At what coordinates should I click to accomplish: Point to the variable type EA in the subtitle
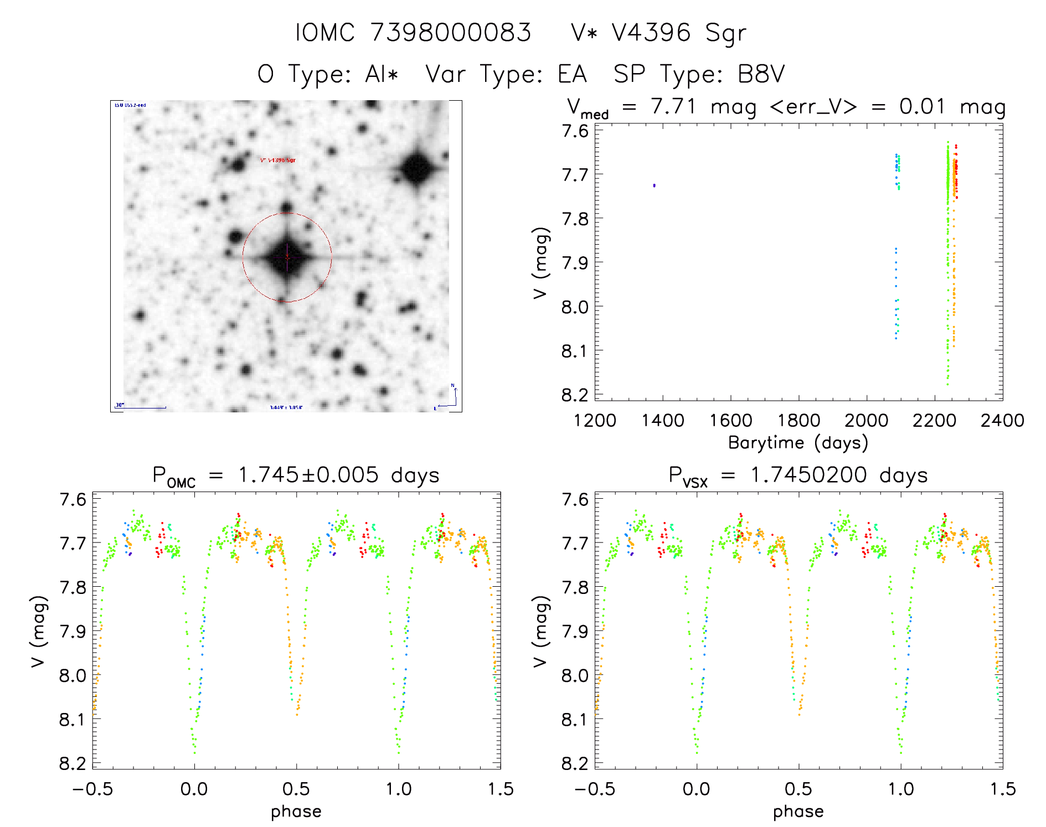click(572, 74)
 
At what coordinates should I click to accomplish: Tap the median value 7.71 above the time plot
click(673, 107)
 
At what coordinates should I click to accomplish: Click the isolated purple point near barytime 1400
click(654, 185)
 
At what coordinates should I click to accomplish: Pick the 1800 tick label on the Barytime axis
click(798, 421)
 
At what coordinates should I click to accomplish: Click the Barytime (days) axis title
click(798, 443)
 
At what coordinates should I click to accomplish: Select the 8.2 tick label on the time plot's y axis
click(575, 395)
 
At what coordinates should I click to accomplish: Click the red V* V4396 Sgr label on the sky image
click(278, 161)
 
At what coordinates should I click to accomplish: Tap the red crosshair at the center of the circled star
click(287, 257)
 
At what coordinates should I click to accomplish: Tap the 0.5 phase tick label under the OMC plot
click(296, 789)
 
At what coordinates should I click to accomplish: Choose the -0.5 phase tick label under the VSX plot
click(594, 789)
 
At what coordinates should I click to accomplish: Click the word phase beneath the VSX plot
click(798, 812)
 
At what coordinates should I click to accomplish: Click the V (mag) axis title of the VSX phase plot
click(540, 631)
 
